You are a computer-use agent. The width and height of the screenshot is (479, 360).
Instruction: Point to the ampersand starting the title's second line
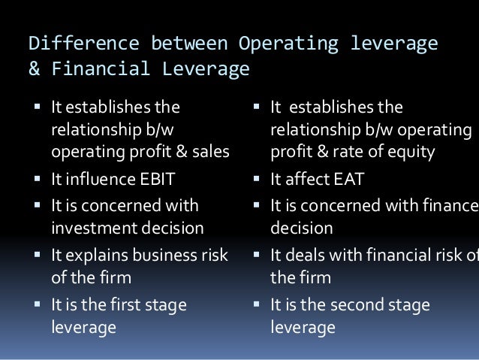point(33,71)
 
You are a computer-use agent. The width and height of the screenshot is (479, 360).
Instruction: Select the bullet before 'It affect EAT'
point(257,179)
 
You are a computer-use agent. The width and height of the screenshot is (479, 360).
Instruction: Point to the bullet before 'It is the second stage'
point(257,304)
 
